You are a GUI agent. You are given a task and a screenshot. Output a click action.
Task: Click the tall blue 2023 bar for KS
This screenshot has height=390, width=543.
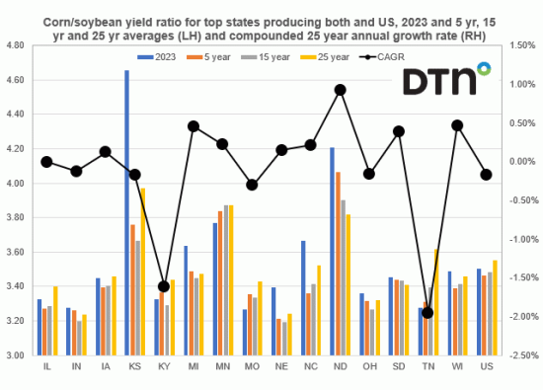(x=126, y=212)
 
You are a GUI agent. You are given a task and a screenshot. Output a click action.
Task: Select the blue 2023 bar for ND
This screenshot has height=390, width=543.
(x=332, y=251)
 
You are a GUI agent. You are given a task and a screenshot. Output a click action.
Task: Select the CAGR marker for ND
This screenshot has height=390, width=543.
(x=340, y=90)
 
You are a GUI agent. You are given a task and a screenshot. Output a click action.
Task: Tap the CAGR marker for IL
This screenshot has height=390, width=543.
(x=46, y=162)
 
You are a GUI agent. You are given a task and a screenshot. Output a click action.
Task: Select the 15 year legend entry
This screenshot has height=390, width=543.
(x=282, y=57)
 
